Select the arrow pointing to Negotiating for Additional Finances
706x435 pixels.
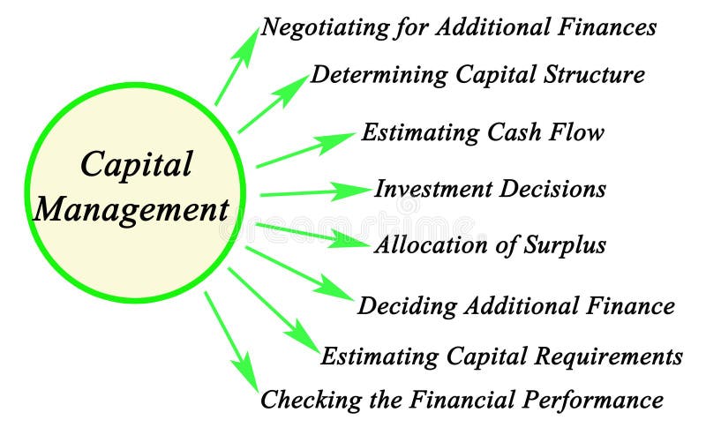(237, 71)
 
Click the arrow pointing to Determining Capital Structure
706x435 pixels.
(274, 102)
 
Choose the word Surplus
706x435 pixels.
(564, 244)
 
